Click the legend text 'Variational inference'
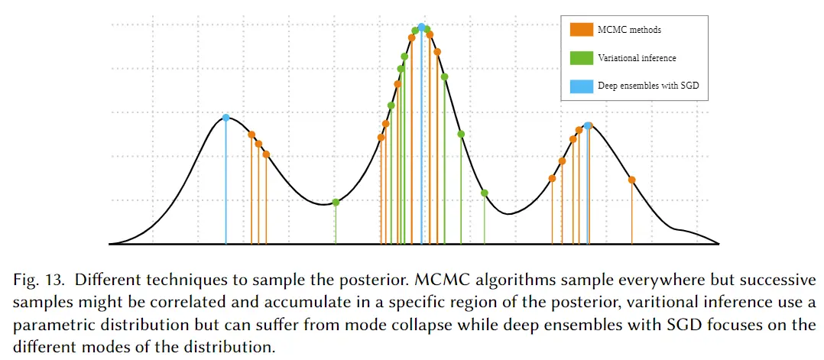coord(636,58)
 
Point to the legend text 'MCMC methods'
coord(628,30)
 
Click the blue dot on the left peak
coord(225,118)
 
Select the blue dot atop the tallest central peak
coord(421,27)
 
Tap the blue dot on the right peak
coord(587,125)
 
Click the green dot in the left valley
coord(336,202)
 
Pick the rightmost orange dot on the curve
coord(631,180)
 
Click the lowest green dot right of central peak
coord(484,193)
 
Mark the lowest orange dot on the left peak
coord(266,154)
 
